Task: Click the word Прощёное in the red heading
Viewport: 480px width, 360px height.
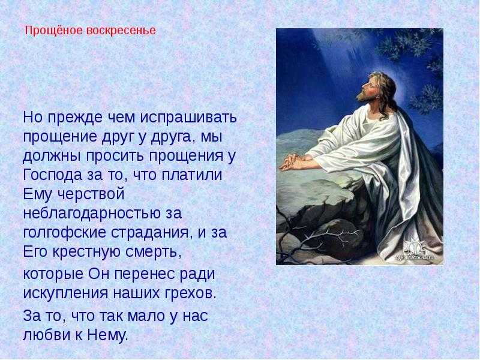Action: pyautogui.click(x=54, y=31)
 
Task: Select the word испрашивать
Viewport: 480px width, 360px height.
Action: pyautogui.click(x=188, y=118)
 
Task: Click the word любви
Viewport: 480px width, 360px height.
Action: pyautogui.click(x=47, y=335)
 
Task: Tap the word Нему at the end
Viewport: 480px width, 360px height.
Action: pyautogui.click(x=107, y=335)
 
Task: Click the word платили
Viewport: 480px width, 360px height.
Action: pyautogui.click(x=191, y=175)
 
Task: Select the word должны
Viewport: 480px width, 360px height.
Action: pyautogui.click(x=52, y=156)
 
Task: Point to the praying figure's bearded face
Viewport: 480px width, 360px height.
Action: pyautogui.click(x=367, y=88)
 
